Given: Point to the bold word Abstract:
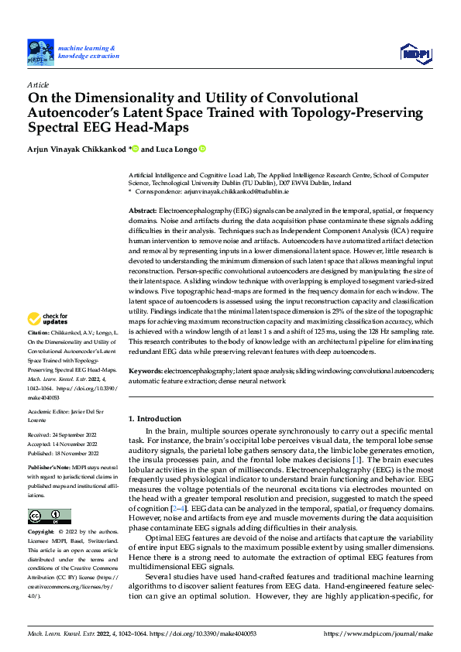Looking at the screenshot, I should tap(143, 211).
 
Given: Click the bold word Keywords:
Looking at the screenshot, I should tap(145, 371).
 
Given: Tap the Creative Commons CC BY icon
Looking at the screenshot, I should tap(49, 516).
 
